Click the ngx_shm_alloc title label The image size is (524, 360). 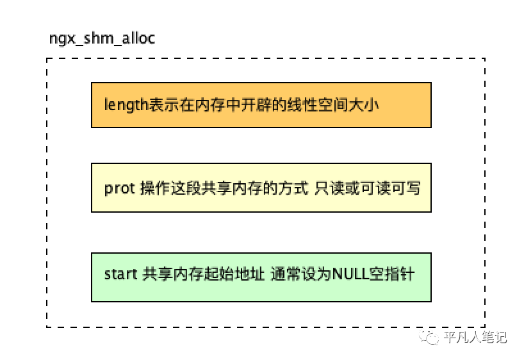102,38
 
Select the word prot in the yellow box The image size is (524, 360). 119,188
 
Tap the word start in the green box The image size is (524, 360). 120,274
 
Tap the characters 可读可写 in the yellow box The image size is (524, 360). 391,188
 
